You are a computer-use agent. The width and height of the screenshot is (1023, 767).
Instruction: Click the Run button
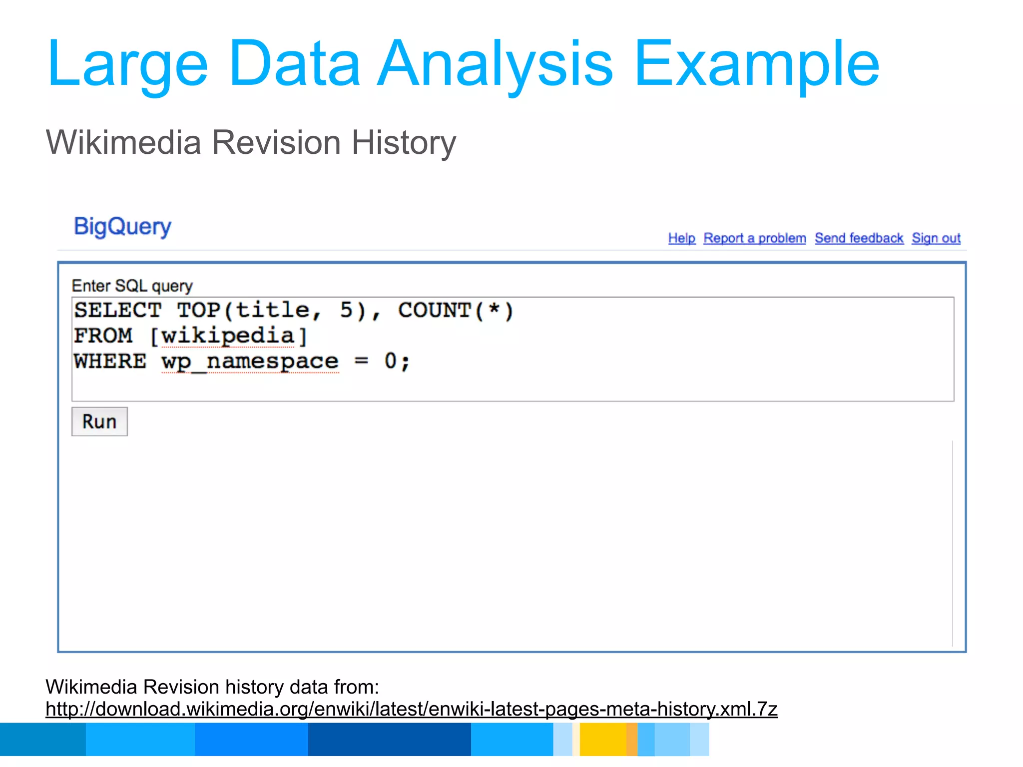(x=99, y=422)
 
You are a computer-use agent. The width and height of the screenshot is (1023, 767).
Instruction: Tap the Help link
(x=681, y=238)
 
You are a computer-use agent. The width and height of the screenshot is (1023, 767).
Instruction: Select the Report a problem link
(x=754, y=238)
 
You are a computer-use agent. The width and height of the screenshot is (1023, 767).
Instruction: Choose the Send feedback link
(x=859, y=238)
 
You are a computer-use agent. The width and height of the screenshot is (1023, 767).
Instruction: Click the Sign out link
(x=936, y=238)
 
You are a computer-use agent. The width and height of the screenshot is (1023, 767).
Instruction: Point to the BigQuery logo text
(x=122, y=227)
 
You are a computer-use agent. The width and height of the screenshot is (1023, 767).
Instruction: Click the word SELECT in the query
(x=118, y=311)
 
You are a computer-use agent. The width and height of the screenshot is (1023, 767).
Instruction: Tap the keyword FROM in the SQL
(x=103, y=336)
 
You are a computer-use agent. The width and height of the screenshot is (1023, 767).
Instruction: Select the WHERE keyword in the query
(x=110, y=362)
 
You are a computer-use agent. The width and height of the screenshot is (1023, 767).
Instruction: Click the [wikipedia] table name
(x=228, y=336)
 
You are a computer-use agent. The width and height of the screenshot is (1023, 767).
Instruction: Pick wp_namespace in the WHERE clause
(x=250, y=362)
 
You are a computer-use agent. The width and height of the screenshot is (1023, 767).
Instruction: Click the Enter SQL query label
(x=132, y=286)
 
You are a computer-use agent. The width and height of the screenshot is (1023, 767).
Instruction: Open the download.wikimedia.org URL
(x=411, y=709)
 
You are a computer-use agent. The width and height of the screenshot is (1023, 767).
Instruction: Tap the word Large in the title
(x=127, y=65)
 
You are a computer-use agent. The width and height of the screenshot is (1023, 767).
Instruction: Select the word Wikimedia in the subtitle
(x=123, y=143)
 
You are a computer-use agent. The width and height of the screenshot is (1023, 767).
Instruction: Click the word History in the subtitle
(x=404, y=143)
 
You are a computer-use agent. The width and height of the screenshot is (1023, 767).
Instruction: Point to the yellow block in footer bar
(x=602, y=740)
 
